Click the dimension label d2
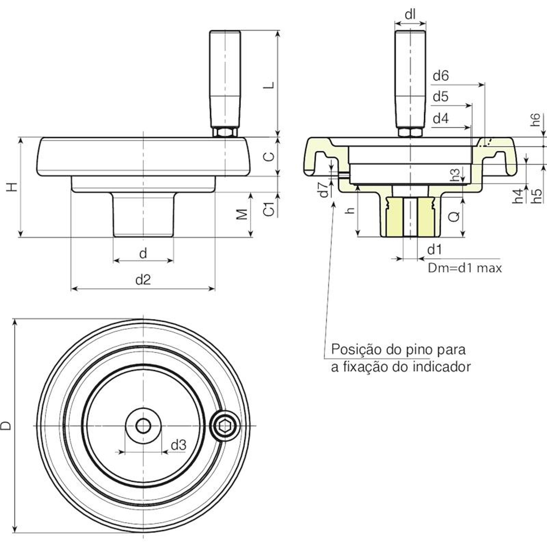pyautogui.click(x=143, y=280)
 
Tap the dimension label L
pyautogui.click(x=270, y=84)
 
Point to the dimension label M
pyautogui.click(x=242, y=214)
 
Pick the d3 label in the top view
pyautogui.click(x=178, y=445)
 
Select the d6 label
pyautogui.click(x=440, y=76)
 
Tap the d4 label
pyautogui.click(x=440, y=119)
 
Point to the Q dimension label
pyautogui.click(x=454, y=216)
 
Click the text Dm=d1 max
pyautogui.click(x=465, y=268)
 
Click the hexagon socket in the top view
pyautogui.click(x=224, y=426)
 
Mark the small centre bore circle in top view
pyautogui.click(x=143, y=426)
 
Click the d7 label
pyautogui.click(x=323, y=190)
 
